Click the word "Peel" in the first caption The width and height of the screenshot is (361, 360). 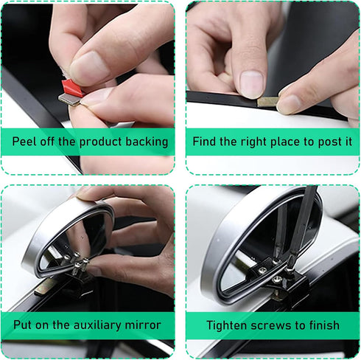(x=25, y=142)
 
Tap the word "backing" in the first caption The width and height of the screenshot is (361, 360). (x=144, y=142)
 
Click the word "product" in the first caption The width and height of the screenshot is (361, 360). (x=97, y=142)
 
